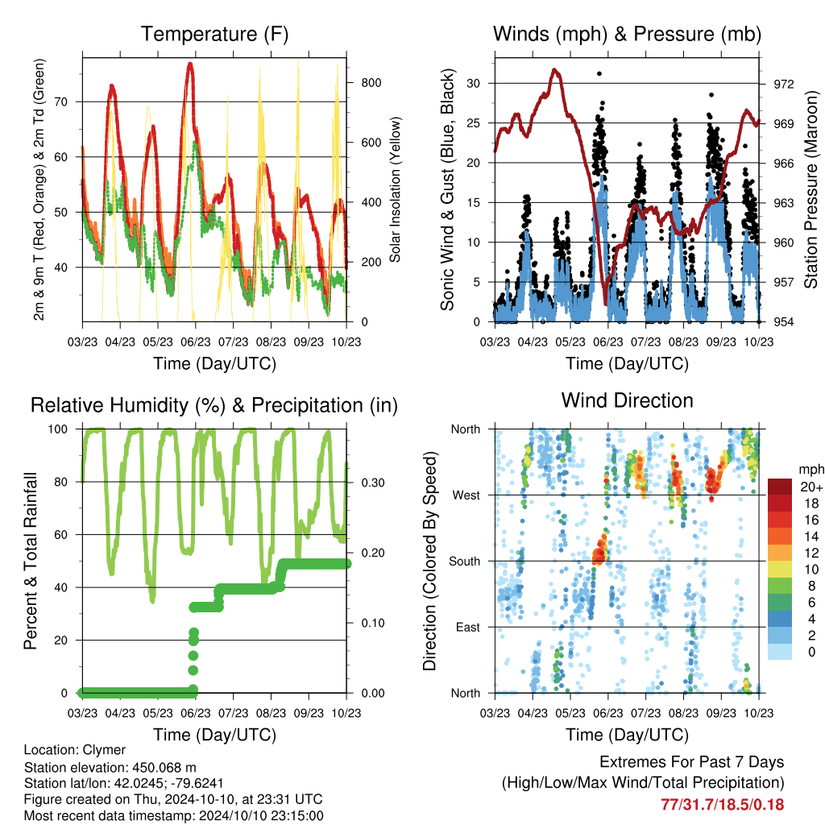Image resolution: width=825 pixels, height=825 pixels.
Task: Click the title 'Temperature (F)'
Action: click(214, 34)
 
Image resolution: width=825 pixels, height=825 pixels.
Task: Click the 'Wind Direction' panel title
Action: click(627, 400)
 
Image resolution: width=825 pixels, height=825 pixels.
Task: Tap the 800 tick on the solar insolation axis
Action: click(371, 83)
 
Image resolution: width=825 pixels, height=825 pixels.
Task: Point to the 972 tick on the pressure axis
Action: click(783, 84)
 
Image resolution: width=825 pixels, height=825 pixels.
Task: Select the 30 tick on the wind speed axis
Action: click(473, 83)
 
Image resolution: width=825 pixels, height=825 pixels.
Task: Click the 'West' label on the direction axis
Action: click(466, 495)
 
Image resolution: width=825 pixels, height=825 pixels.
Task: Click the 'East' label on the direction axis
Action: click(468, 627)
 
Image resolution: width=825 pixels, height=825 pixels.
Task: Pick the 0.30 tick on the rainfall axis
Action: click(373, 483)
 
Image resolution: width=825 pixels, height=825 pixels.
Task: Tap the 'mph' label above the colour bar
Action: click(810, 470)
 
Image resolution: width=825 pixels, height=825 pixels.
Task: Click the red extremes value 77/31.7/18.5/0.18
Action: click(723, 805)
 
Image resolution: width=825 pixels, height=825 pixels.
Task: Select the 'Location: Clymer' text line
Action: click(75, 750)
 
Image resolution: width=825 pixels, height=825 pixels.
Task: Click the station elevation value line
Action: click(110, 767)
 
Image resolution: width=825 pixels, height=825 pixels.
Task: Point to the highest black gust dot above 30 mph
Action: click(599, 73)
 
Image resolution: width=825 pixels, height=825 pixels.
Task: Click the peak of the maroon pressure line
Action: click(554, 69)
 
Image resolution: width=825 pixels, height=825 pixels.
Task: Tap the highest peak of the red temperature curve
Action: click(190, 64)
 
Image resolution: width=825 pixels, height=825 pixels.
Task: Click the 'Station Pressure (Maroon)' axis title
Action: click(810, 189)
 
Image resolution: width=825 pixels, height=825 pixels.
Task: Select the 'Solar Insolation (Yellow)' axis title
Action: click(395, 189)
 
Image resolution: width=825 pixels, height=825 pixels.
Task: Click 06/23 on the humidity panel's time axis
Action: click(195, 713)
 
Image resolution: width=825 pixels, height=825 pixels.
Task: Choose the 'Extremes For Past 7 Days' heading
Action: click(692, 762)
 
